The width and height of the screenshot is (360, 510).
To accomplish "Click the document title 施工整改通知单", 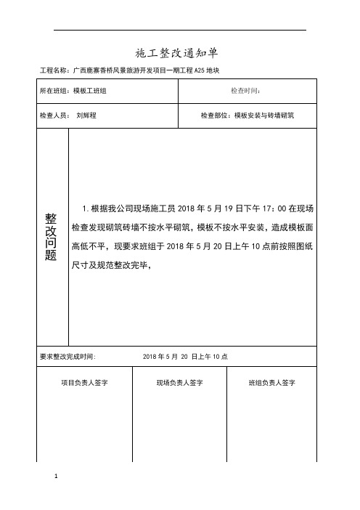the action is pyautogui.click(x=177, y=54).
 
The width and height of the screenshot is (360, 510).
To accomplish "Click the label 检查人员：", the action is pyautogui.click(x=54, y=116).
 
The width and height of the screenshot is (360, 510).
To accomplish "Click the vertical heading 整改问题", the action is pyautogui.click(x=51, y=238).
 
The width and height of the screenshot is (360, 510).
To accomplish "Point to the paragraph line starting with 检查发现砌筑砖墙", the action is pyautogui.click(x=194, y=227).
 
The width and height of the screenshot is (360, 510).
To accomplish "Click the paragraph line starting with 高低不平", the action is pyautogui.click(x=194, y=246).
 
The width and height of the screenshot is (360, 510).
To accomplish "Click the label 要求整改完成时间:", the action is pyautogui.click(x=73, y=357).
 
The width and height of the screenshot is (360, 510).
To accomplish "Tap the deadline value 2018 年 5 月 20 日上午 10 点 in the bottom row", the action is pyautogui.click(x=186, y=357).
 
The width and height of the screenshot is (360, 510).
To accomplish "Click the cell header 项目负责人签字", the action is pyautogui.click(x=84, y=382).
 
